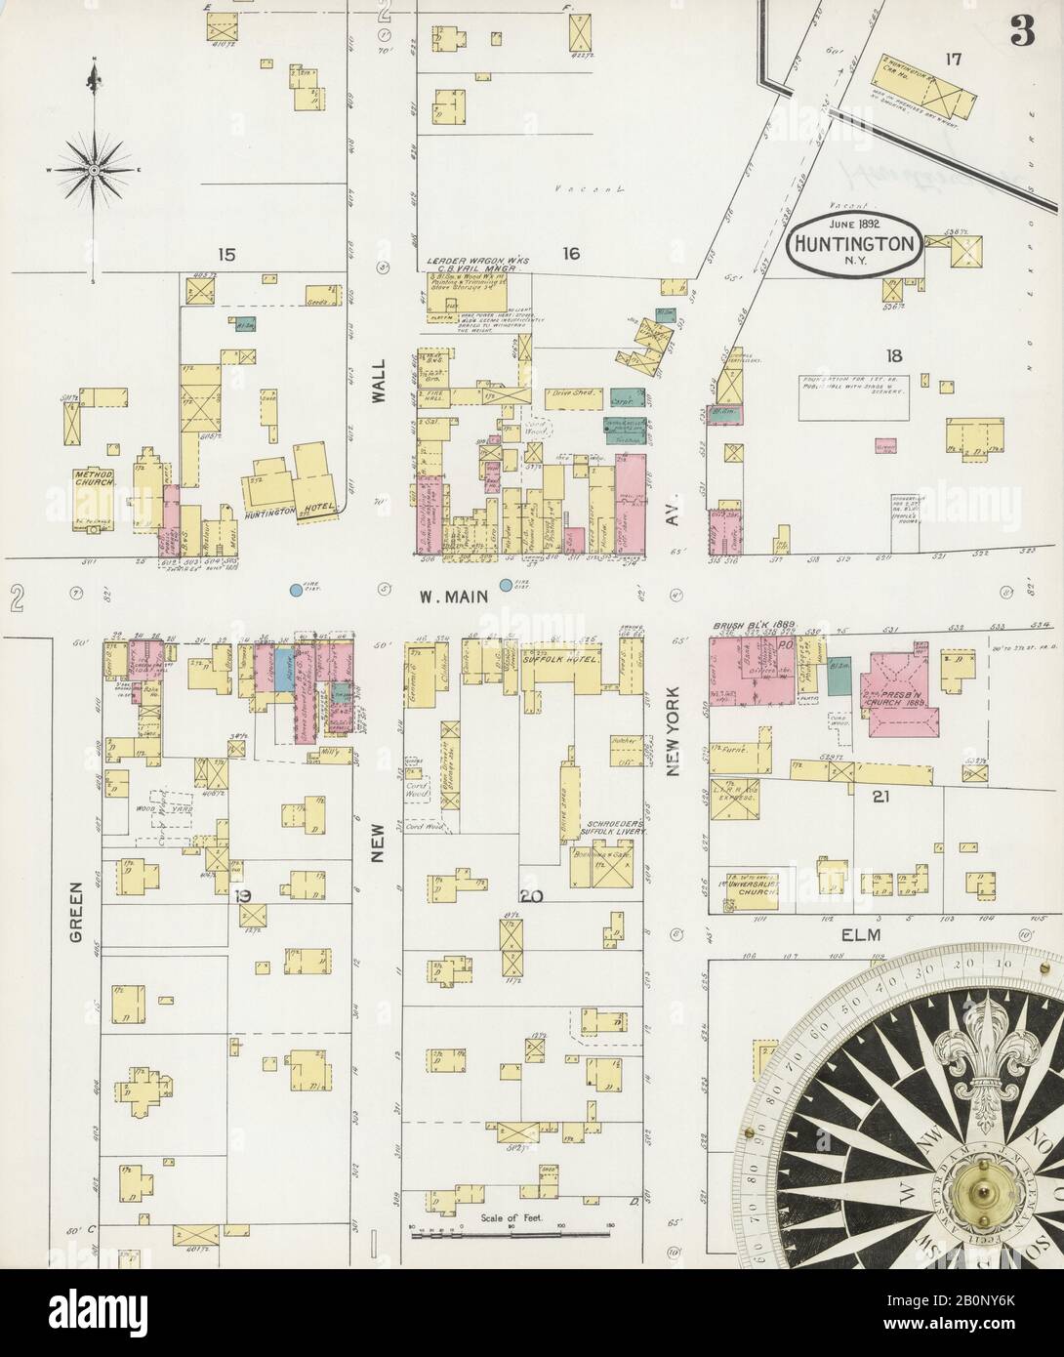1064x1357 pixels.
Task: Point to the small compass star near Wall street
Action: (94, 171)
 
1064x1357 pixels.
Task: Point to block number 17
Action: (952, 60)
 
